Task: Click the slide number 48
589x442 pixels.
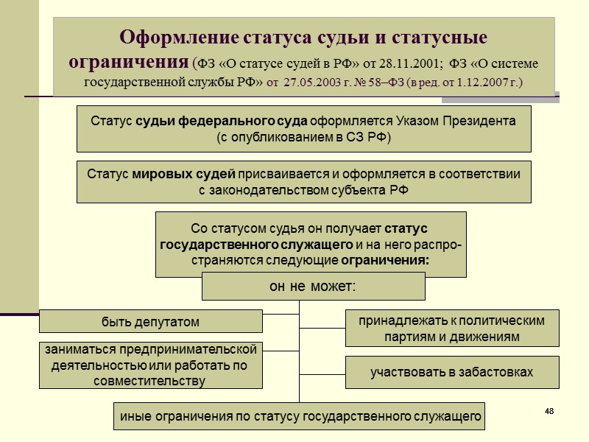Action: (549, 410)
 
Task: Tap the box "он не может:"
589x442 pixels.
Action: (314, 286)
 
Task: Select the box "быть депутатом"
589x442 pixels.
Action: (150, 322)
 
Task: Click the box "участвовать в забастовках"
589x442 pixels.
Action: (451, 373)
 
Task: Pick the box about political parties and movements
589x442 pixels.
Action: (451, 329)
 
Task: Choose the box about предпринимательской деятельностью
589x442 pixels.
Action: (150, 365)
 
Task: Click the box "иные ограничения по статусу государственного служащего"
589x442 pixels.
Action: (300, 416)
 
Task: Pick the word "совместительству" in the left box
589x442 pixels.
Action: (150, 381)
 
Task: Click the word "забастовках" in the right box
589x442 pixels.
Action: (495, 373)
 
